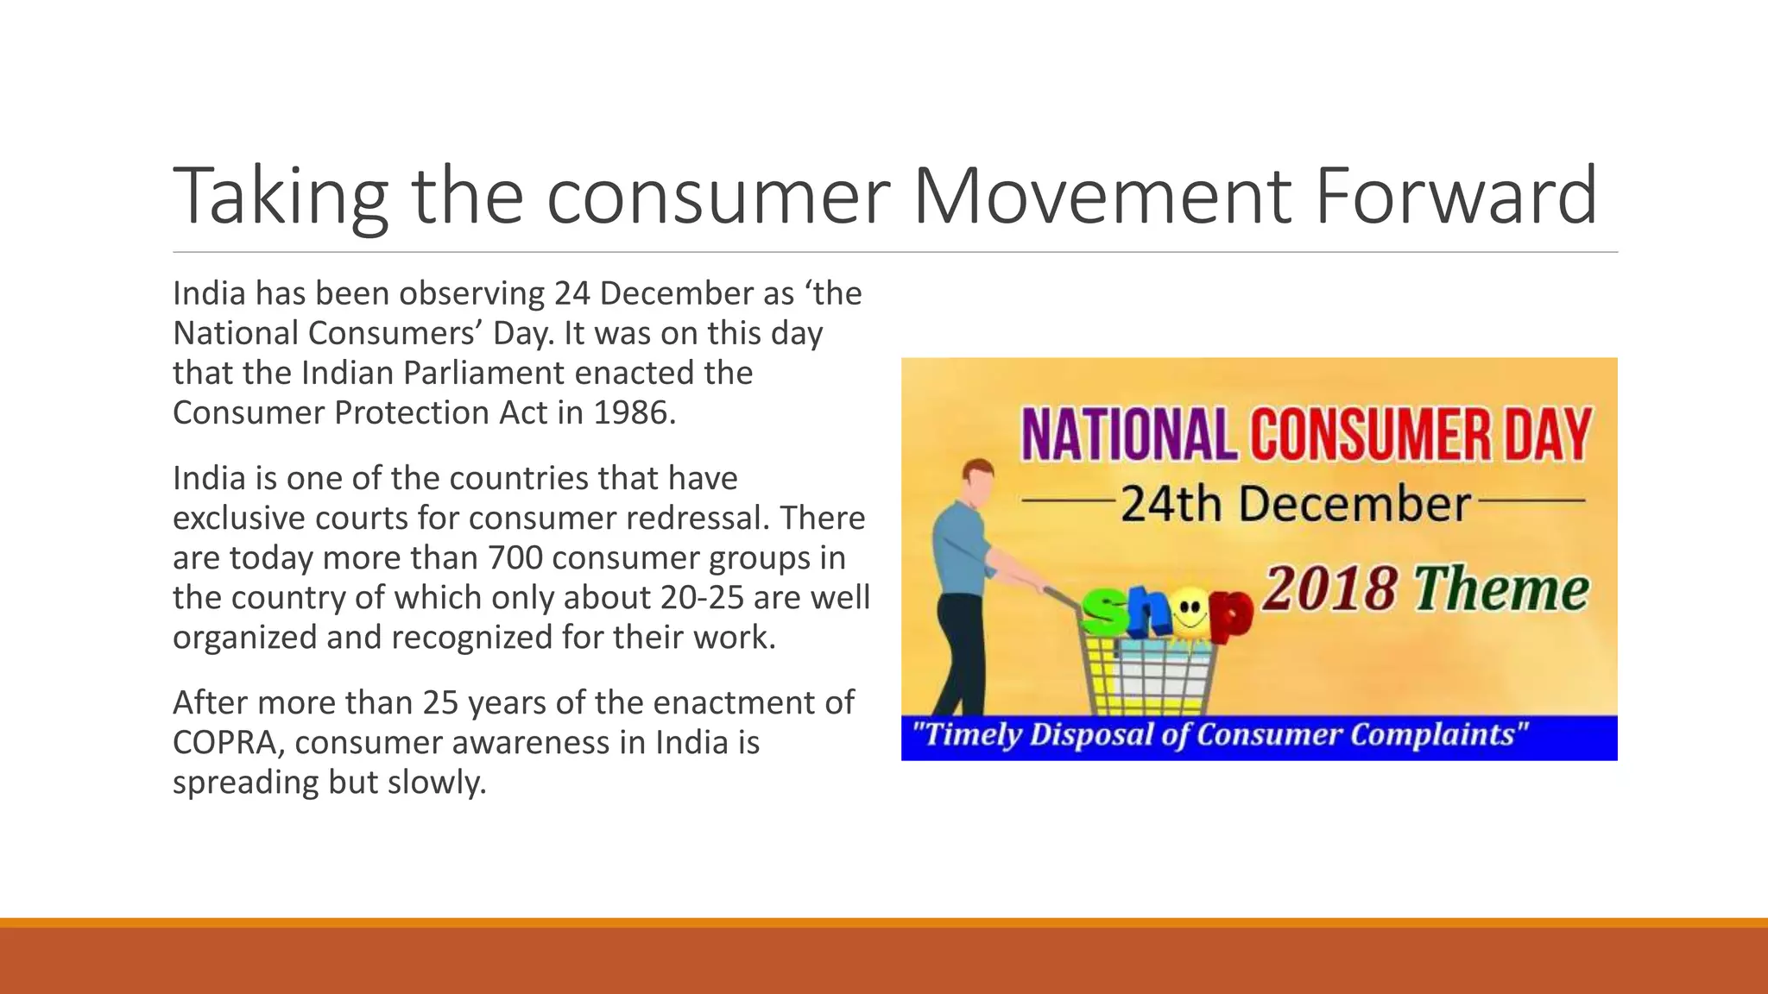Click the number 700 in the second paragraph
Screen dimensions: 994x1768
click(x=515, y=558)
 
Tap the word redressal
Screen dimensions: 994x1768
click(x=698, y=519)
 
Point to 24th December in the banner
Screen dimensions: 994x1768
click(x=1295, y=504)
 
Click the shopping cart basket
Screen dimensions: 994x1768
click(x=1148, y=673)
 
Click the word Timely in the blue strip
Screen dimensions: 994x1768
click(x=968, y=735)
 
